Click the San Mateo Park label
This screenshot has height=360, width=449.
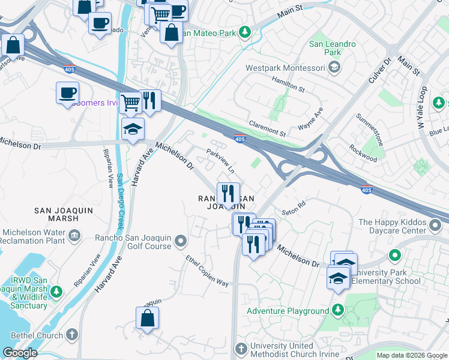pyautogui.click(x=208, y=34)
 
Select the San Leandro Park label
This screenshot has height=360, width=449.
pyautogui.click(x=333, y=48)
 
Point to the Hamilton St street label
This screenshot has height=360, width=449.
pyautogui.click(x=289, y=85)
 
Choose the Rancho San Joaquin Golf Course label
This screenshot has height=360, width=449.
pyautogui.click(x=133, y=242)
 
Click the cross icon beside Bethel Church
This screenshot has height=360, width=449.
pyautogui.click(x=71, y=334)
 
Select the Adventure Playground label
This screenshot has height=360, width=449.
pyautogui.click(x=288, y=311)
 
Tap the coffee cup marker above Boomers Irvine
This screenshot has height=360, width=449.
pyautogui.click(x=67, y=93)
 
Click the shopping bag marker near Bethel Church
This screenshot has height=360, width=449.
pyautogui.click(x=147, y=317)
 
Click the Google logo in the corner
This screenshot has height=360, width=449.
pyautogui.click(x=20, y=353)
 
